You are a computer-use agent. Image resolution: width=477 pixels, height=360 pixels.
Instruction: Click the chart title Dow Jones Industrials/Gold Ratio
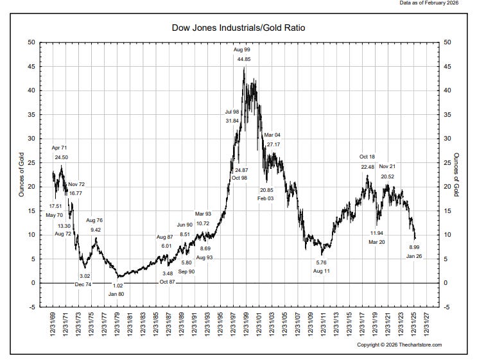(x=238, y=28)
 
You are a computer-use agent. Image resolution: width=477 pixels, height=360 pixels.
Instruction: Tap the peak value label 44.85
(x=244, y=59)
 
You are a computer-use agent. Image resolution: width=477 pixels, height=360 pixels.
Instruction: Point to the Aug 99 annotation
(x=241, y=49)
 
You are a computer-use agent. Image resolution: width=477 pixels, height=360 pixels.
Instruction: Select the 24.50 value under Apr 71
(x=61, y=157)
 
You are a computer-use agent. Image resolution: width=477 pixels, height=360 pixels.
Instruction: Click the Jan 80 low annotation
(x=116, y=293)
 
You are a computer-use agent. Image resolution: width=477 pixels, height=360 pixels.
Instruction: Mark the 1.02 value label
(x=117, y=286)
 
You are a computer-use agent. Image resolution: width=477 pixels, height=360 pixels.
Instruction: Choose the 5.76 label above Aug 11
(x=322, y=262)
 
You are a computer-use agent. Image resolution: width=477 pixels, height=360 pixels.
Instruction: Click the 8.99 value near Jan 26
(x=415, y=247)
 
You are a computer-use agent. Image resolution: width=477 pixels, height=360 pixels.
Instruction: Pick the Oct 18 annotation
(x=367, y=157)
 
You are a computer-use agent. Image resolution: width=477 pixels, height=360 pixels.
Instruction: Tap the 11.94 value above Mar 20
(x=377, y=232)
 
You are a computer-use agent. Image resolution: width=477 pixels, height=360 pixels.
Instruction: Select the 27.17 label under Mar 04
(x=273, y=144)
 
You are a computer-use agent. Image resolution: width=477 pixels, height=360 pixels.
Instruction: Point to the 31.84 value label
(x=232, y=121)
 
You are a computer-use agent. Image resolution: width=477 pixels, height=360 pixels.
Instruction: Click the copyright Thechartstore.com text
(x=399, y=345)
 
